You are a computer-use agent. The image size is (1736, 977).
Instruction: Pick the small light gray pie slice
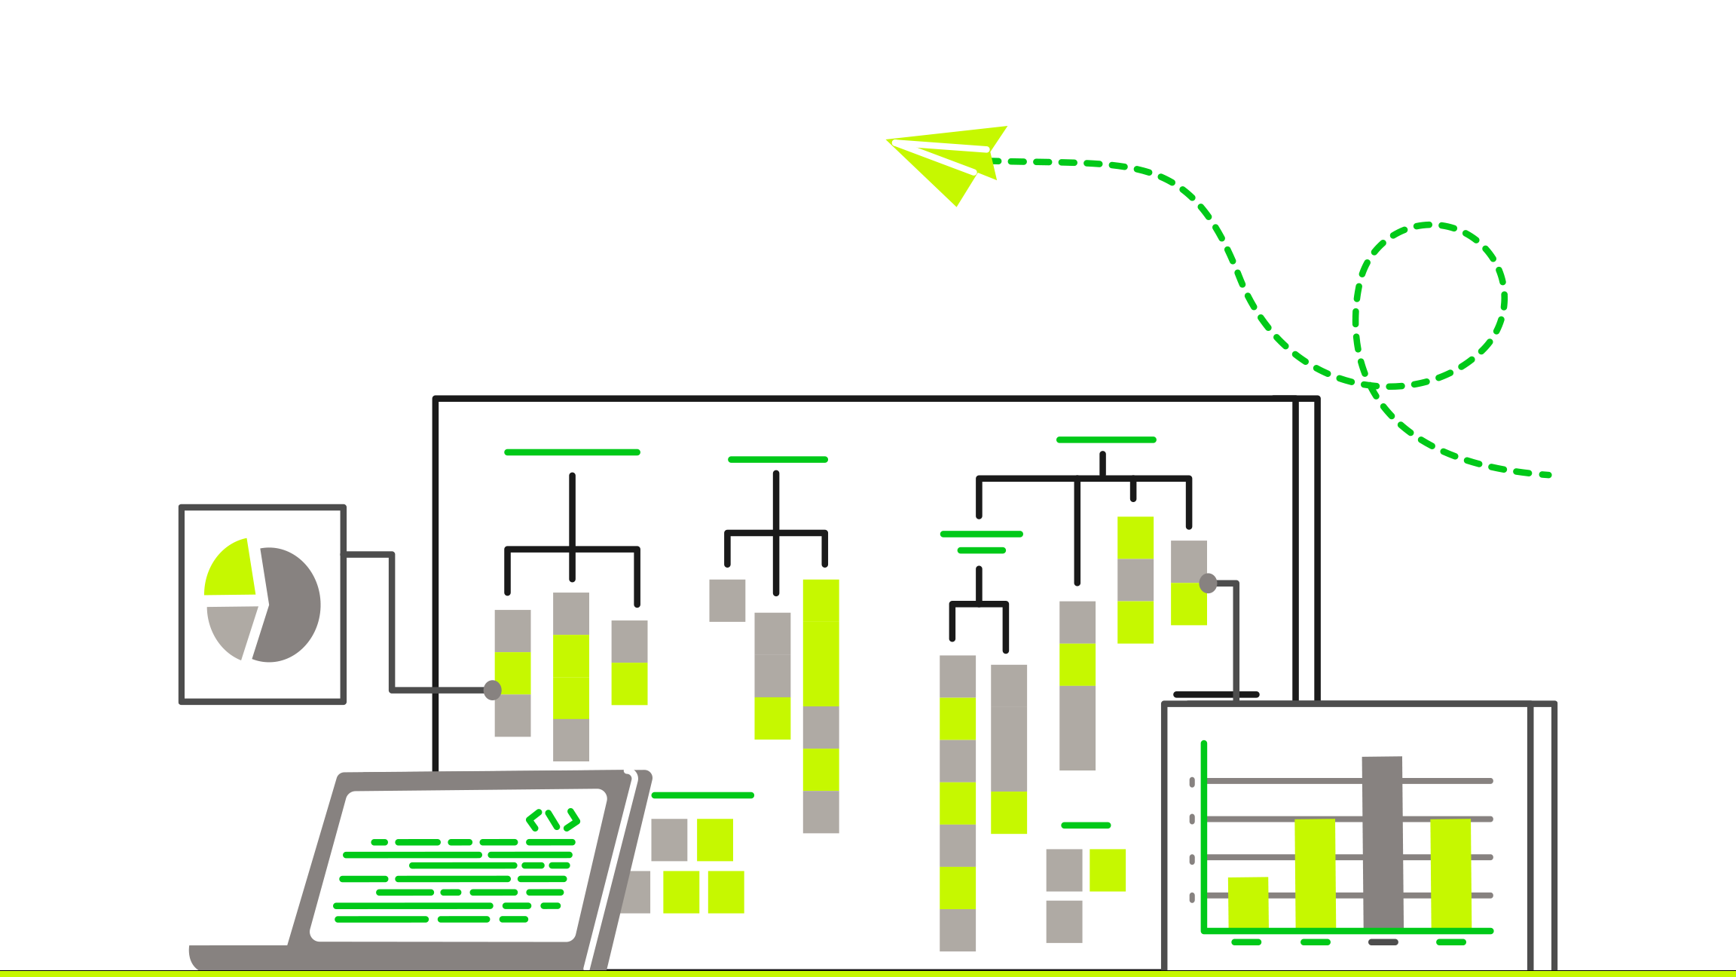pyautogui.click(x=231, y=629)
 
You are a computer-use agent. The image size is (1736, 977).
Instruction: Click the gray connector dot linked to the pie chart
pyautogui.click(x=493, y=690)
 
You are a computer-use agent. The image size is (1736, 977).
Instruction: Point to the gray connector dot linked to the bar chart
pyautogui.click(x=1208, y=583)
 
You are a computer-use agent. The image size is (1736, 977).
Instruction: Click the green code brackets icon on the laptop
pyautogui.click(x=553, y=819)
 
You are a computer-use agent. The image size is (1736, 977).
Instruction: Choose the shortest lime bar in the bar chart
pyautogui.click(x=1248, y=902)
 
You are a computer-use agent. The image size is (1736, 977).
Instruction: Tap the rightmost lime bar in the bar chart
pyautogui.click(x=1450, y=874)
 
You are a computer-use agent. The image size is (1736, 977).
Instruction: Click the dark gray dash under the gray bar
pyautogui.click(x=1383, y=942)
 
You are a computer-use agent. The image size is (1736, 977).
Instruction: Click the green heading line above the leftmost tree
pyautogui.click(x=572, y=452)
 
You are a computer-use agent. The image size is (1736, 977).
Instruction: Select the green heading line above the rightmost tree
pyautogui.click(x=1105, y=439)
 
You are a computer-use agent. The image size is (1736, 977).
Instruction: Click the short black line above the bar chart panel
pyautogui.click(x=1216, y=694)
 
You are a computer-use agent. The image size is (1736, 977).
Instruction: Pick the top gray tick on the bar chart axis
pyautogui.click(x=1192, y=783)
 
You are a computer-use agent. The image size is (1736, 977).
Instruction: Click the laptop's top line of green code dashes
pyautogui.click(x=475, y=842)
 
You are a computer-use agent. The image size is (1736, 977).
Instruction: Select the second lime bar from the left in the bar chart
pyautogui.click(x=1315, y=874)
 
